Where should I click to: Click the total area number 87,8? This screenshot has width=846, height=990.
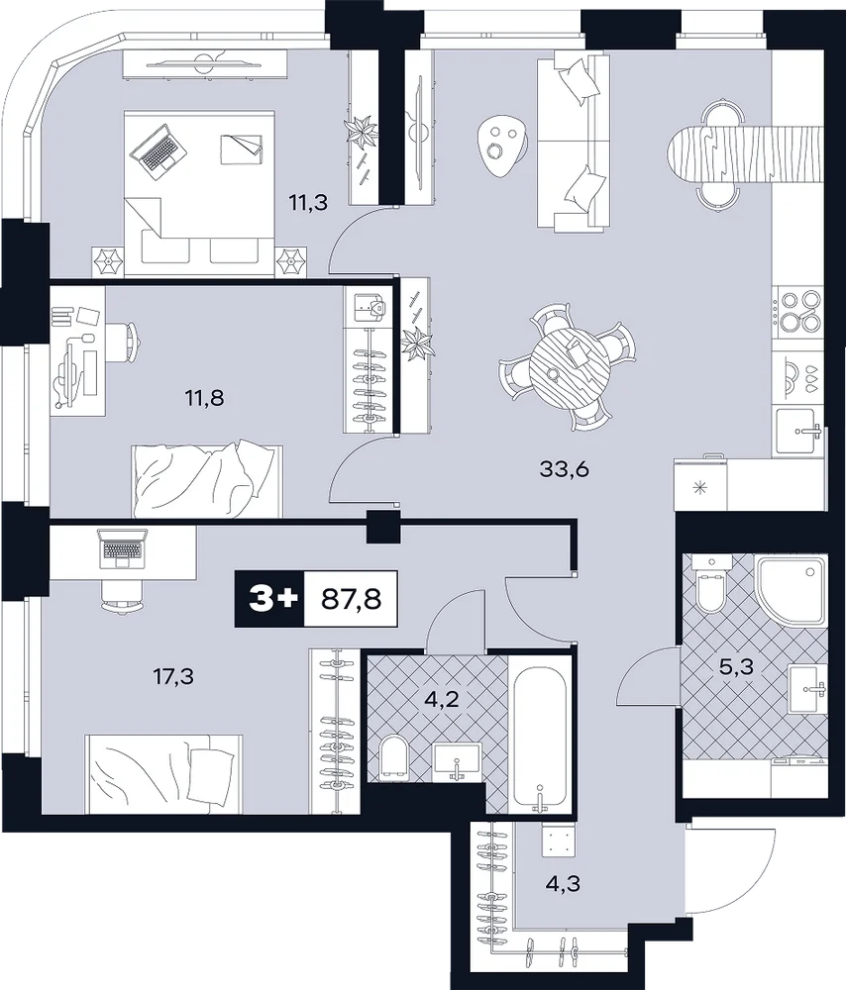pyautogui.click(x=352, y=599)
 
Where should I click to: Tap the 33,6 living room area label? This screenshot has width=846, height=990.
pyautogui.click(x=565, y=469)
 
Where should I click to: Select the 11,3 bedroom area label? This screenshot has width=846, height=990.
pyautogui.click(x=308, y=203)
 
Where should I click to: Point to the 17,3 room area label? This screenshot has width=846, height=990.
pyautogui.click(x=173, y=677)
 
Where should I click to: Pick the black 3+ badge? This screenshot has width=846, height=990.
pyautogui.click(x=269, y=599)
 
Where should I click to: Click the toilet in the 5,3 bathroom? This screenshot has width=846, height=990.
pyautogui.click(x=711, y=584)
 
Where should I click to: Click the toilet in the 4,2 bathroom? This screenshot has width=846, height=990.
pyautogui.click(x=395, y=756)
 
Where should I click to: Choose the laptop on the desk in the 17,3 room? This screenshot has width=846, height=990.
pyautogui.click(x=123, y=547)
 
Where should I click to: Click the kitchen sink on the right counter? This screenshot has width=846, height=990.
pyautogui.click(x=798, y=431)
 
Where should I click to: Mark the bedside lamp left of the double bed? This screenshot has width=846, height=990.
pyautogui.click(x=107, y=260)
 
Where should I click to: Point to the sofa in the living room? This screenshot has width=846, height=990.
pyautogui.click(x=574, y=141)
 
